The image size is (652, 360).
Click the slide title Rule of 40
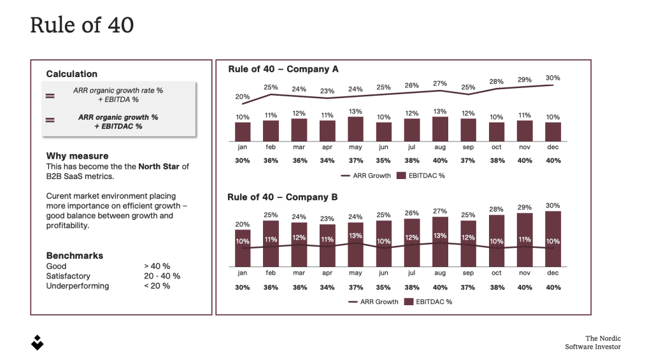[82, 25]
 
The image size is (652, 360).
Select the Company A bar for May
[355, 129]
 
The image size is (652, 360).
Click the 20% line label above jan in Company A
[243, 97]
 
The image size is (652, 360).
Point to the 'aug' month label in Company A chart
[439, 147]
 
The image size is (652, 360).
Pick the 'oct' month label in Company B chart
[497, 273]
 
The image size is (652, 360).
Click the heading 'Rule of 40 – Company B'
[283, 197]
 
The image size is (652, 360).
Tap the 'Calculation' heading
[72, 74]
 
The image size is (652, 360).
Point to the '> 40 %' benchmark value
[157, 266]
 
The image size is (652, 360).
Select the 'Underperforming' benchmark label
[78, 286]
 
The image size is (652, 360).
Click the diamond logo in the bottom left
[38, 342]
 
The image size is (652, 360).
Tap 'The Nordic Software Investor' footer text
[593, 343]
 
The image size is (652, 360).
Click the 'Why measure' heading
[77, 155]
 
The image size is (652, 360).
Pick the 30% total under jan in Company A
[243, 161]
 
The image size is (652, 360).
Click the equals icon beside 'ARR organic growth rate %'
[50, 96]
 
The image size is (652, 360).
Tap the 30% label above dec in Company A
[553, 78]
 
